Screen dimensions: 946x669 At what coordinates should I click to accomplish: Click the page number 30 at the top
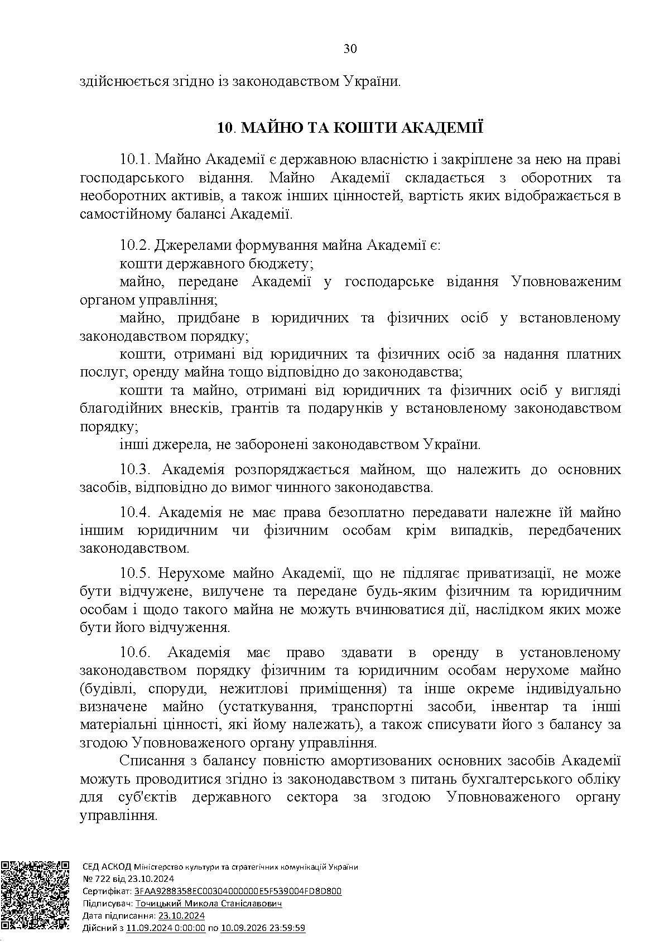click(350, 49)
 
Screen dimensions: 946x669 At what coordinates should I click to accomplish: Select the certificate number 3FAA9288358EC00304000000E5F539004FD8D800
click(238, 891)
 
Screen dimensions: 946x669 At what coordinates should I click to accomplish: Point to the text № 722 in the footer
click(94, 879)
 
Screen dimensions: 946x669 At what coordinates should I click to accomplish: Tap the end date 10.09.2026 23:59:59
click(263, 928)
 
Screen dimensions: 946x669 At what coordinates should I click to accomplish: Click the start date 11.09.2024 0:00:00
click(166, 928)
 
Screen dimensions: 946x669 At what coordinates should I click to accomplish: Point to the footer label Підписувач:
click(107, 904)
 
